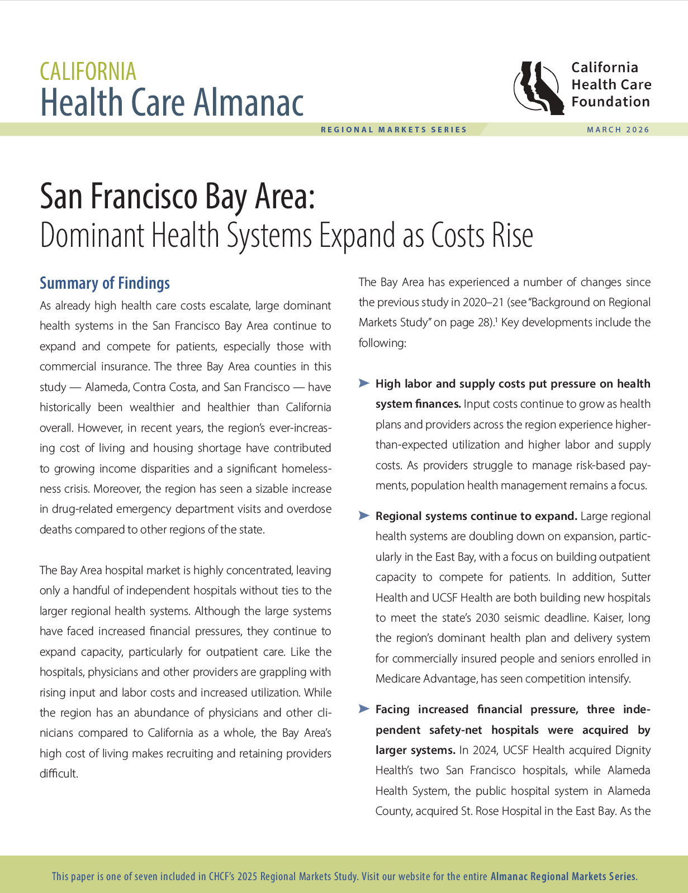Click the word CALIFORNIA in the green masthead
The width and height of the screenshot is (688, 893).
tap(88, 71)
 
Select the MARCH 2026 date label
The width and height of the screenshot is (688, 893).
tap(618, 130)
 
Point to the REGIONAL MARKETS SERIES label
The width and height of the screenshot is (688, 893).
tap(393, 130)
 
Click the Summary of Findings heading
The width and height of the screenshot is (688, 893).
tap(105, 283)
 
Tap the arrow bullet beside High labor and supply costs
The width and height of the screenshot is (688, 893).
tap(364, 383)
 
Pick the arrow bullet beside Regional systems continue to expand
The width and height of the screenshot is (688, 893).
tap(364, 515)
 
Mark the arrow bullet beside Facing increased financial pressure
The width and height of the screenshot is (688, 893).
tap(364, 709)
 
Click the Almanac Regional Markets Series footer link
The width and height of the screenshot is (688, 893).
tap(563, 876)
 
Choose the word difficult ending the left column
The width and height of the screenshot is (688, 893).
tap(58, 773)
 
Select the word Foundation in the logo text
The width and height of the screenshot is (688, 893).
tap(610, 102)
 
